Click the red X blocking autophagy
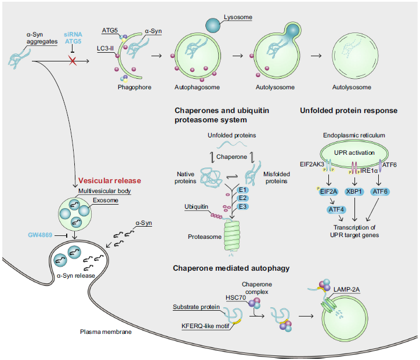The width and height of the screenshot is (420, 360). [x=73, y=60]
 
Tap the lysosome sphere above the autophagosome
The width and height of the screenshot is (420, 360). [x=213, y=24]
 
